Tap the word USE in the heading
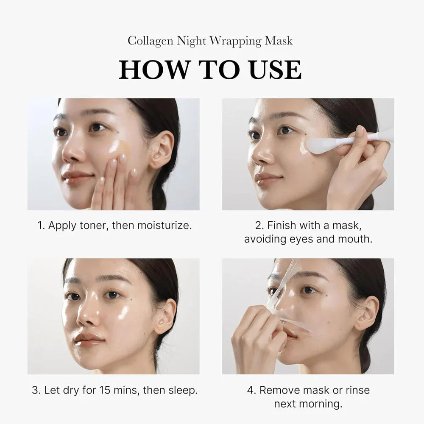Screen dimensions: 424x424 [276, 70]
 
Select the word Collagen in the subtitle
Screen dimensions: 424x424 [150, 41]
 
